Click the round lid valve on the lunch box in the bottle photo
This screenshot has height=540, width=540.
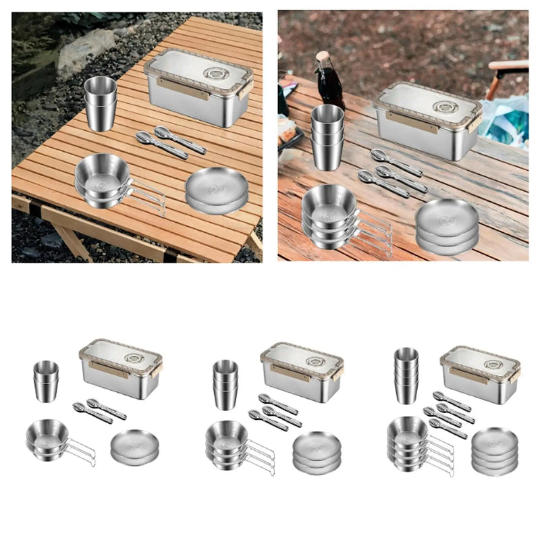click(x=446, y=107)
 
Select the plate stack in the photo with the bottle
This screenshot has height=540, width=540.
click(x=446, y=226)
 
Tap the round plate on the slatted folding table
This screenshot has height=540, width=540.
click(x=215, y=190)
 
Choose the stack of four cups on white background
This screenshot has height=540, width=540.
click(x=406, y=375)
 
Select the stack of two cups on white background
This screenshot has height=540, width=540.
click(x=46, y=381)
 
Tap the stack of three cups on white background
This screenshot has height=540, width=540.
click(x=226, y=384)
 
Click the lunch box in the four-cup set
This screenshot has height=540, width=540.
click(x=480, y=375)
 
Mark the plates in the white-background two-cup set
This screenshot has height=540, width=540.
click(x=134, y=448)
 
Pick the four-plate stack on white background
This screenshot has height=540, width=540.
click(x=494, y=450)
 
